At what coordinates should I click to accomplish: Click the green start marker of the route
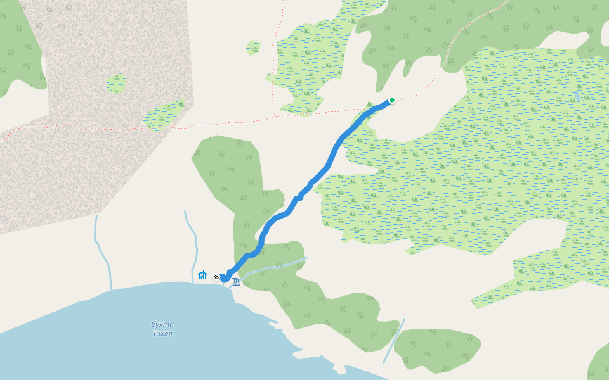[392, 100]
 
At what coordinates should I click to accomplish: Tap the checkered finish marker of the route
[216, 277]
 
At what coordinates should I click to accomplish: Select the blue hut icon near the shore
[202, 275]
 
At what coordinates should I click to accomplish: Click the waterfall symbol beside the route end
[236, 282]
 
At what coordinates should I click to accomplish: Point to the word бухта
[162, 324]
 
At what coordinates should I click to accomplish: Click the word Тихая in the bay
[162, 333]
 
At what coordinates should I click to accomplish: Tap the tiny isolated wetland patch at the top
[253, 47]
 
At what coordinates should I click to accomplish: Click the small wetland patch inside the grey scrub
[116, 83]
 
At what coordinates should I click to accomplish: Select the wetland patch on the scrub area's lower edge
[164, 115]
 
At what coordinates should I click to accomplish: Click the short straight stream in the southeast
[393, 341]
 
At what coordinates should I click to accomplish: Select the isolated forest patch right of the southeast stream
[438, 348]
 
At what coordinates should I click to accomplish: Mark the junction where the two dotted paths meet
[274, 116]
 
